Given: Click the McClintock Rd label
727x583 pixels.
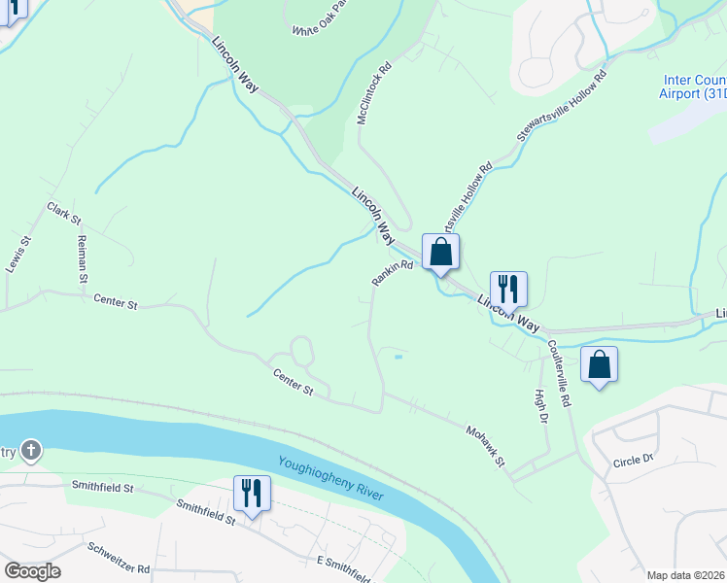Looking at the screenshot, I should tap(373, 93).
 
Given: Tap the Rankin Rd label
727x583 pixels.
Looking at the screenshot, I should tap(393, 272).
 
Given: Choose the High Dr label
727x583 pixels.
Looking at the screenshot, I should tap(541, 405).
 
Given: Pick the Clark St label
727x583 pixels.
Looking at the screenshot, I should tap(63, 213).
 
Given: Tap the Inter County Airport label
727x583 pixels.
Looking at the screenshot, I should tap(693, 86).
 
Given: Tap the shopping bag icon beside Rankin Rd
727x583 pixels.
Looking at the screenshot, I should tap(440, 252).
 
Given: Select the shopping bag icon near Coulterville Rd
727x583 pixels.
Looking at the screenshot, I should tap(599, 364).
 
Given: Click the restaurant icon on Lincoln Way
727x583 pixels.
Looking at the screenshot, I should tap(507, 289).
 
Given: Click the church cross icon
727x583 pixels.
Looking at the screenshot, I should tap(31, 450).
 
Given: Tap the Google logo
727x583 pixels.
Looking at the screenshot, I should tap(32, 571).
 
